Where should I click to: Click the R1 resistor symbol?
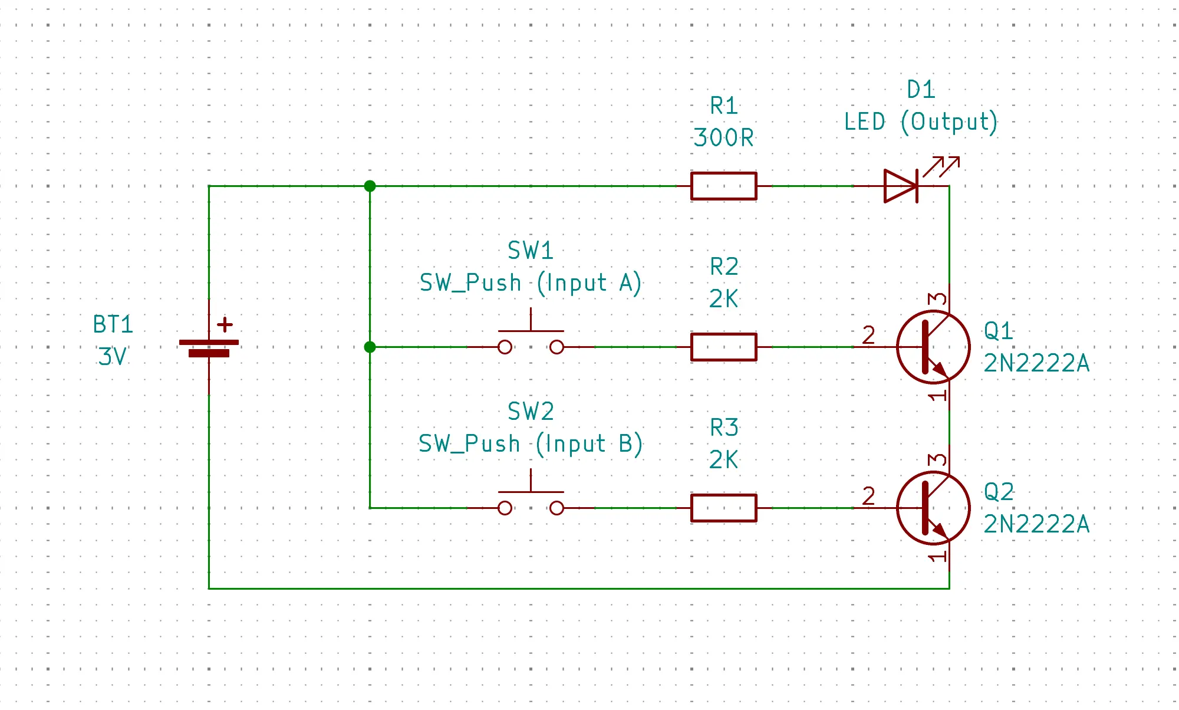pyautogui.click(x=723, y=186)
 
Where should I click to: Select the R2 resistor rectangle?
pyautogui.click(x=723, y=347)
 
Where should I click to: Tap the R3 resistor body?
pyautogui.click(x=723, y=508)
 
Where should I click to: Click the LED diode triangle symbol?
pyautogui.click(x=901, y=186)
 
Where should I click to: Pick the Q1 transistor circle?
pyautogui.click(x=933, y=347)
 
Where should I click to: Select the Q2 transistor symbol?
pyautogui.click(x=933, y=508)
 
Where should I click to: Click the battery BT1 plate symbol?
pyautogui.click(x=209, y=348)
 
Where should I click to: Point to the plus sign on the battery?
pyautogui.click(x=225, y=324)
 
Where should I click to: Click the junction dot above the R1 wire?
pyautogui.click(x=370, y=186)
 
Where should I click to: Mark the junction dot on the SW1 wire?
pyautogui.click(x=370, y=347)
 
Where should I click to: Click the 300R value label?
pyautogui.click(x=723, y=138)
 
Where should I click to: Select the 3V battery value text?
pyautogui.click(x=112, y=356)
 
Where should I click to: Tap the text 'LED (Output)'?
pyautogui.click(x=920, y=121)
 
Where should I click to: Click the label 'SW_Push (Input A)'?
pyautogui.click(x=530, y=282)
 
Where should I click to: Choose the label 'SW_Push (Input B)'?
pyautogui.click(x=530, y=443)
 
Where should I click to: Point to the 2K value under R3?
pyautogui.click(x=723, y=459)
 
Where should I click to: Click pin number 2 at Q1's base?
pyautogui.click(x=868, y=335)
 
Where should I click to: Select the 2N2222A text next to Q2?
pyautogui.click(x=1036, y=524)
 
